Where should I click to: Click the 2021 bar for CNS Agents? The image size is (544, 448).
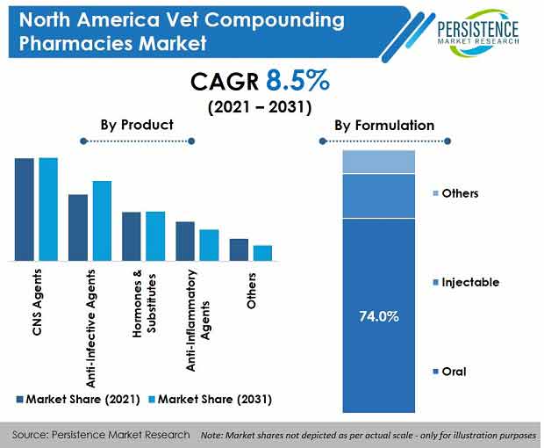[24, 209]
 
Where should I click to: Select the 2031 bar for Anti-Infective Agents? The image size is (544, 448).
[102, 220]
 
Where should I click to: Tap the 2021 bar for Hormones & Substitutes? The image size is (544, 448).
[132, 236]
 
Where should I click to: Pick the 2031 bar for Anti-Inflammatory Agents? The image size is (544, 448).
[209, 245]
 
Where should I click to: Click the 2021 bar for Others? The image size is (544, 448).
[239, 249]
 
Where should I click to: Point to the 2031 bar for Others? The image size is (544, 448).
[262, 253]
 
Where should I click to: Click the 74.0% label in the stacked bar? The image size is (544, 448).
[378, 316]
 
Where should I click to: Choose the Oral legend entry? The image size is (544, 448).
[453, 372]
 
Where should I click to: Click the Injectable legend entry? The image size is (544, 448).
[469, 282]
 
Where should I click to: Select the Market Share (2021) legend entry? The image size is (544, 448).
[80, 399]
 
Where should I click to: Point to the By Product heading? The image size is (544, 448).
[136, 125]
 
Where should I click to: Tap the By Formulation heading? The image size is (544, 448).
[383, 125]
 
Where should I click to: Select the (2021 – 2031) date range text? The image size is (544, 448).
[260, 110]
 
